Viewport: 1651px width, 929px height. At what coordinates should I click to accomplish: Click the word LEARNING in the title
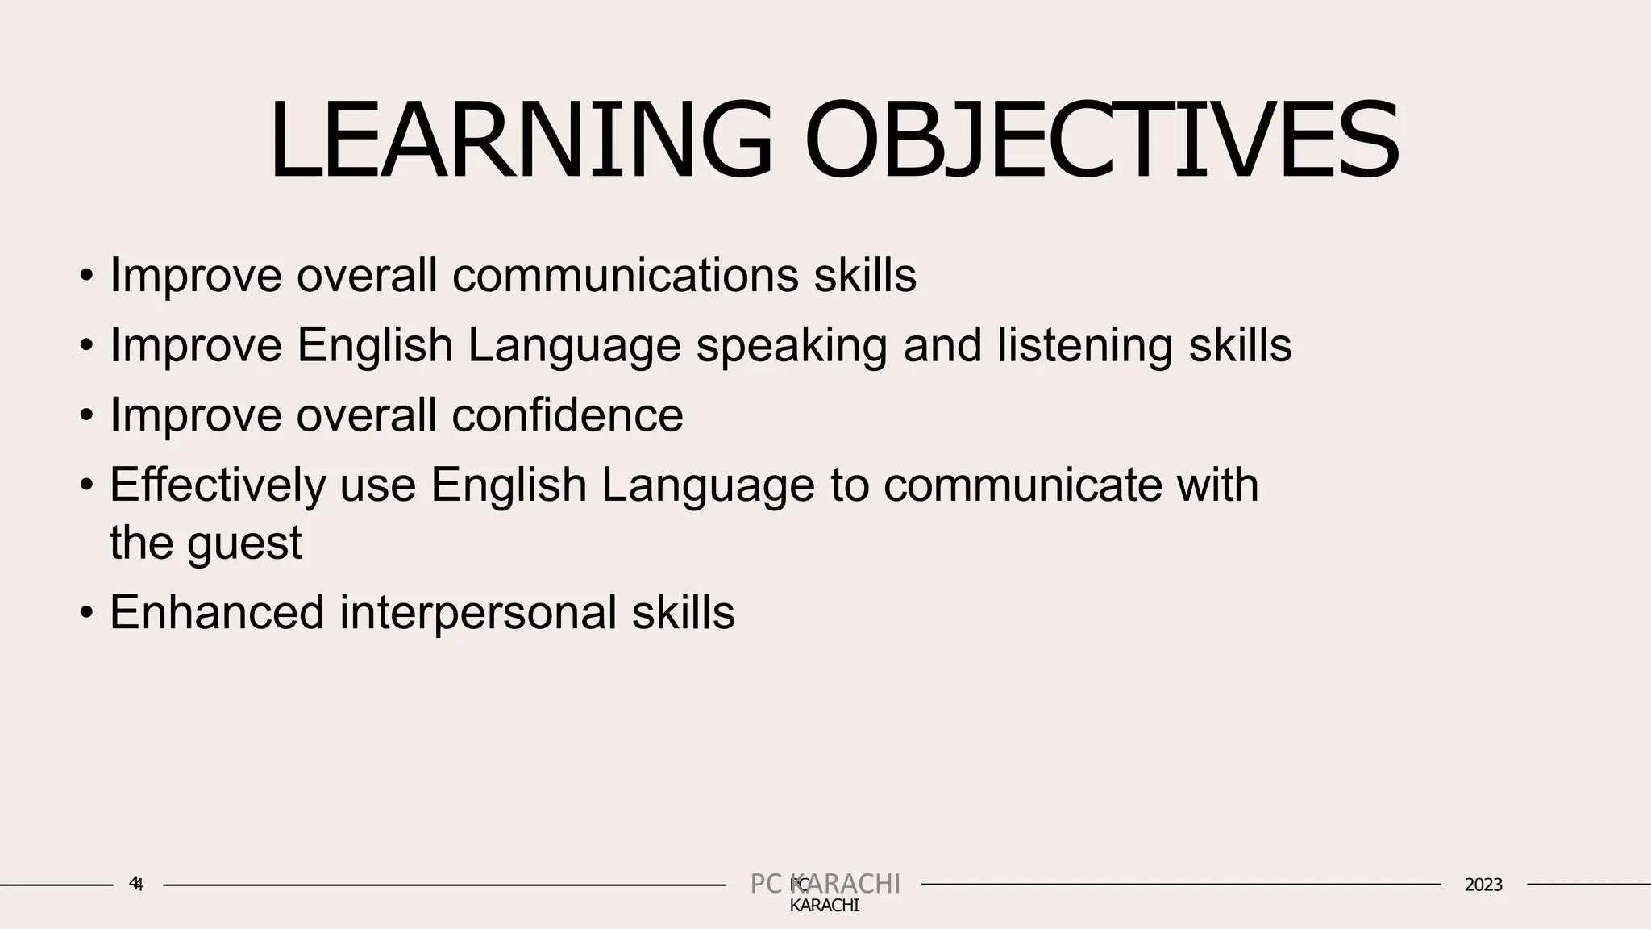click(x=520, y=142)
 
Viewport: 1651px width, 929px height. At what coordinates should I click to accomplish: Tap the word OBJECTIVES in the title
click(x=1101, y=142)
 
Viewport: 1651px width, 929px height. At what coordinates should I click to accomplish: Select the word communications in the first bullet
click(x=625, y=276)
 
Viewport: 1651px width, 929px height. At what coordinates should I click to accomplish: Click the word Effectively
click(x=218, y=485)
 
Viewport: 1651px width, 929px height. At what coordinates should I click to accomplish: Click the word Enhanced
click(x=217, y=612)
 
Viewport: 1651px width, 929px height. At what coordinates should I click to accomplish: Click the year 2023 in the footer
click(x=1483, y=885)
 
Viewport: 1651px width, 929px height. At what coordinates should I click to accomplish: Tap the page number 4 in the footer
click(x=136, y=884)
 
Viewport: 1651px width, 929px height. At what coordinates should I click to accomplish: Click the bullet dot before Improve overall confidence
click(x=86, y=417)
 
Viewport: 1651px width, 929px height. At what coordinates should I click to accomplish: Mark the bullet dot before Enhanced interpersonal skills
click(x=86, y=614)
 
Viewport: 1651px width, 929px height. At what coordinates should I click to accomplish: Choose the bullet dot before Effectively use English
click(x=86, y=486)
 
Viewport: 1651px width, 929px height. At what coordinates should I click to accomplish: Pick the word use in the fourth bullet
click(x=377, y=485)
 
